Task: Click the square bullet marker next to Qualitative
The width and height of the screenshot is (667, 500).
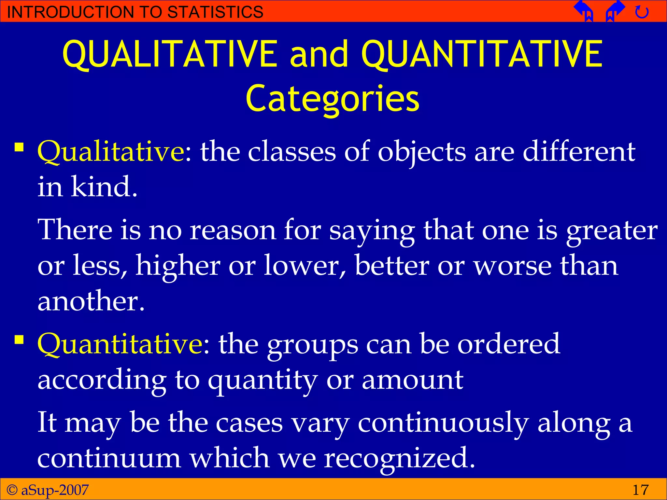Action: pyautogui.click(x=19, y=147)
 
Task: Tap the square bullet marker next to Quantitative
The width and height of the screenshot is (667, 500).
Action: pyautogui.click(x=19, y=340)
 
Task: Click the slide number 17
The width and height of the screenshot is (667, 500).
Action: pyautogui.click(x=640, y=490)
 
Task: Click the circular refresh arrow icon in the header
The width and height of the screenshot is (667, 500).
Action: pyautogui.click(x=642, y=12)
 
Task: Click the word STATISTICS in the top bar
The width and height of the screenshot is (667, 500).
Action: pyautogui.click(x=215, y=12)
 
